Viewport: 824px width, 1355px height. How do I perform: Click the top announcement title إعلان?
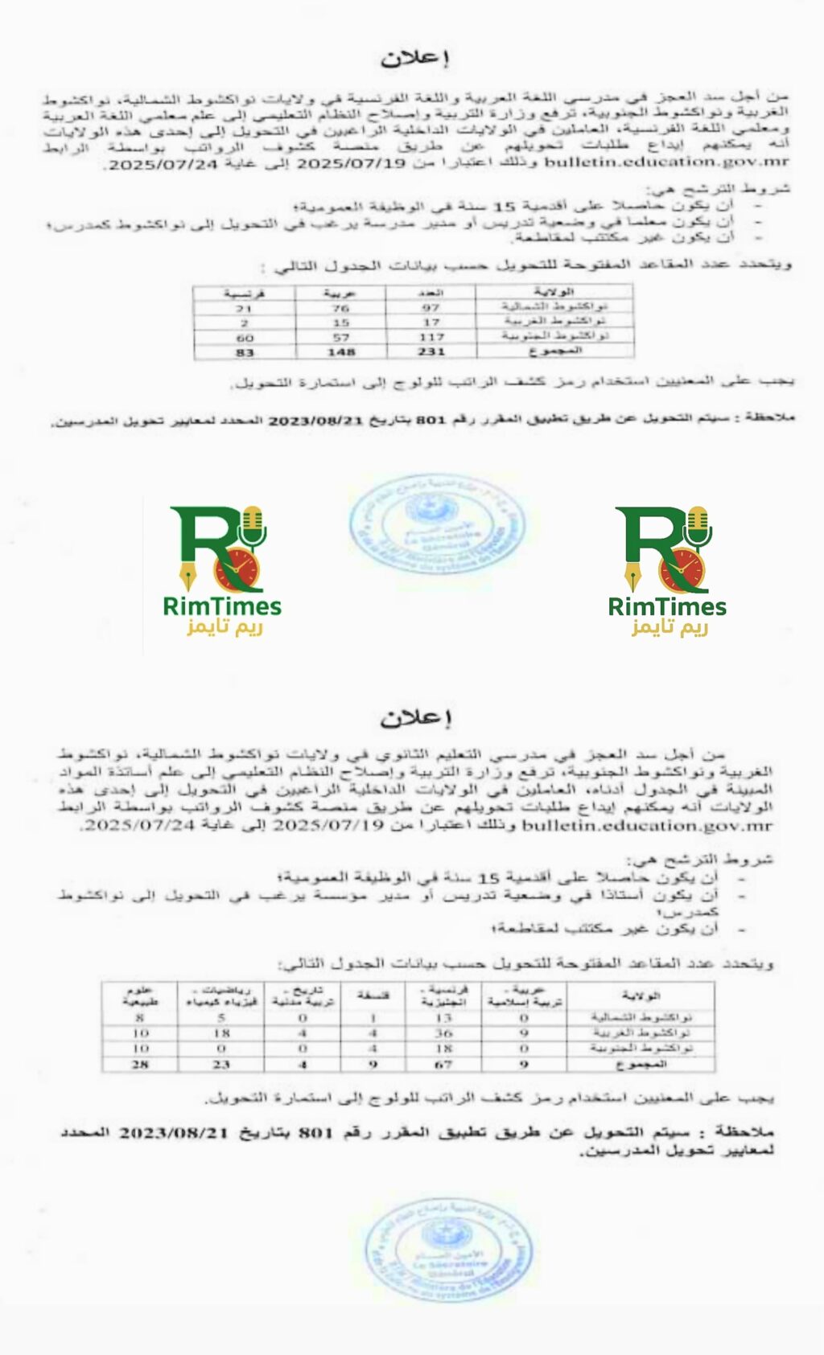tap(414, 58)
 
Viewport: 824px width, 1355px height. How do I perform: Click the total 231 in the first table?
tap(431, 352)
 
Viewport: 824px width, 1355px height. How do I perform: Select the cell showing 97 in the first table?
tap(431, 307)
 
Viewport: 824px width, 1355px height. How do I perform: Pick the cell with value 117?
tap(431, 338)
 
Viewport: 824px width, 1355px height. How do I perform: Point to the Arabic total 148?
tap(341, 352)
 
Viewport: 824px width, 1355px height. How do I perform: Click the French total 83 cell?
tap(245, 352)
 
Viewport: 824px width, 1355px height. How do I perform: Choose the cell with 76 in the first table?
tap(341, 307)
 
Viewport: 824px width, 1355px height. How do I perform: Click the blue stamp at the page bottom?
tap(448, 1250)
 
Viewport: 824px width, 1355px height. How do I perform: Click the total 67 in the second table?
tap(443, 1065)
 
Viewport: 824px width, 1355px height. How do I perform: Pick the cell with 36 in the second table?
tap(443, 1033)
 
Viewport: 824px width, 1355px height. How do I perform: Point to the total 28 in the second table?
tap(140, 1065)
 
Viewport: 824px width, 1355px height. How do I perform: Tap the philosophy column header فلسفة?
tap(373, 996)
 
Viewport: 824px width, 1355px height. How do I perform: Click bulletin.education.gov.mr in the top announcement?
tap(667, 162)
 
